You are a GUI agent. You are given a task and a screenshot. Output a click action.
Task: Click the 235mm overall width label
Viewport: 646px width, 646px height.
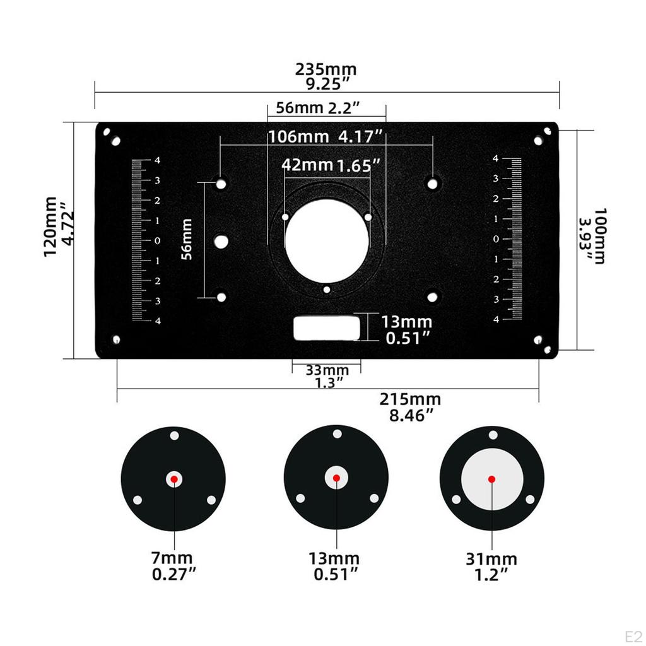[326, 75]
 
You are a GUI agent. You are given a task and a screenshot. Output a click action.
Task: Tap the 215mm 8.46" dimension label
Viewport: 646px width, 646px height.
[410, 406]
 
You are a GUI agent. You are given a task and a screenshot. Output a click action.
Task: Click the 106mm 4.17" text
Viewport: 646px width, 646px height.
[326, 136]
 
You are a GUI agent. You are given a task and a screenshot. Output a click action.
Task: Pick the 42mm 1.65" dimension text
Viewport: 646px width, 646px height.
[331, 165]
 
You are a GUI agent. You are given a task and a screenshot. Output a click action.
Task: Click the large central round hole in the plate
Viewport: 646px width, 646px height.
[326, 242]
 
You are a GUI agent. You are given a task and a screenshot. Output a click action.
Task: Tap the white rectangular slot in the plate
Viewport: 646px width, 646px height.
[327, 328]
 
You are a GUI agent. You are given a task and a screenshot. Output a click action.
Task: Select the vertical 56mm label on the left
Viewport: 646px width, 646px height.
[186, 239]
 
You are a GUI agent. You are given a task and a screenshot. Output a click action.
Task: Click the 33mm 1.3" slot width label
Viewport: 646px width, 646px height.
[327, 375]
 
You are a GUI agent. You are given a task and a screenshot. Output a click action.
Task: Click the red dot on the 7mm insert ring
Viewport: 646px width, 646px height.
[174, 479]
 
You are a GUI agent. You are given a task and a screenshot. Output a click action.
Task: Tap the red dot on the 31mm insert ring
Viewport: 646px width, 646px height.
[491, 479]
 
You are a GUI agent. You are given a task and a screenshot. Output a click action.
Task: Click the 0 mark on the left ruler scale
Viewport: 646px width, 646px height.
[157, 240]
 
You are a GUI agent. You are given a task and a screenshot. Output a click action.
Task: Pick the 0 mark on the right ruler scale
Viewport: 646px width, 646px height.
[496, 239]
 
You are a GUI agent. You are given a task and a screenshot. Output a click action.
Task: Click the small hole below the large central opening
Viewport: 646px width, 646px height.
[326, 290]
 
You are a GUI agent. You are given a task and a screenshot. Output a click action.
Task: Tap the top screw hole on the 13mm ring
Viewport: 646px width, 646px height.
[337, 434]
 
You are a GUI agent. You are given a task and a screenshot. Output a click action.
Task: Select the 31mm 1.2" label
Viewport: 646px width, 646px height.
[491, 565]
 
